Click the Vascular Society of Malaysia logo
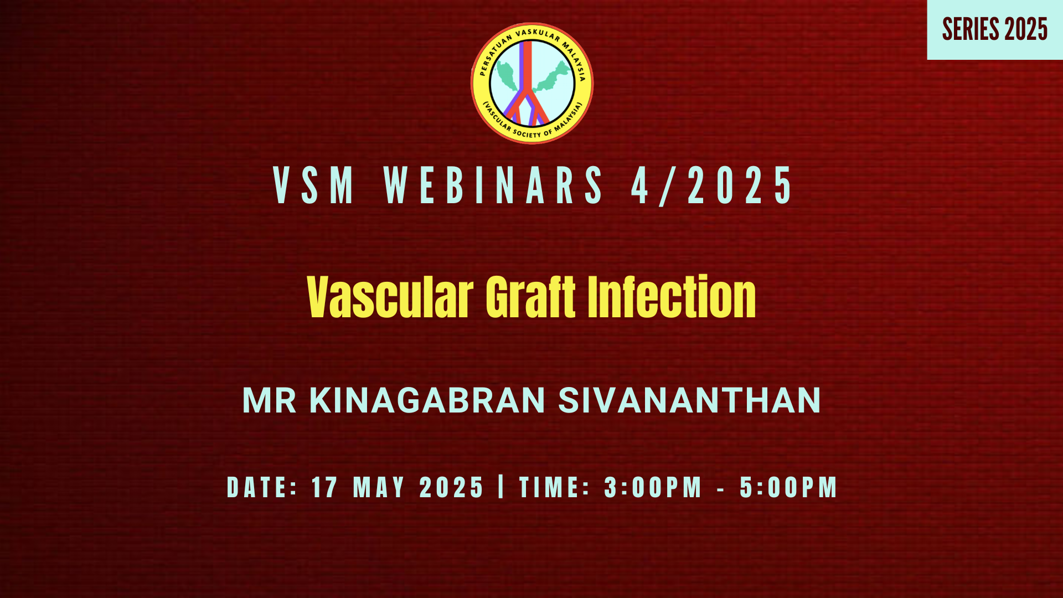[531, 83]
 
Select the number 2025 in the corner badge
[1026, 29]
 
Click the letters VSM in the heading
[314, 185]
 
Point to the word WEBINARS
[493, 185]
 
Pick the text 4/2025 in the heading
[711, 185]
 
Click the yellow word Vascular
[390, 297]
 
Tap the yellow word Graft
[531, 297]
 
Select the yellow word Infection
[672, 297]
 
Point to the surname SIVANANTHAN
[689, 400]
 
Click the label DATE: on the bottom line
[262, 487]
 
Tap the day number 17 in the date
[324, 487]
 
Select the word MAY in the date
[379, 487]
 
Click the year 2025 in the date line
[452, 487]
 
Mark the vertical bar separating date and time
[502, 487]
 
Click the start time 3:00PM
[653, 487]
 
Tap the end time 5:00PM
[788, 487]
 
